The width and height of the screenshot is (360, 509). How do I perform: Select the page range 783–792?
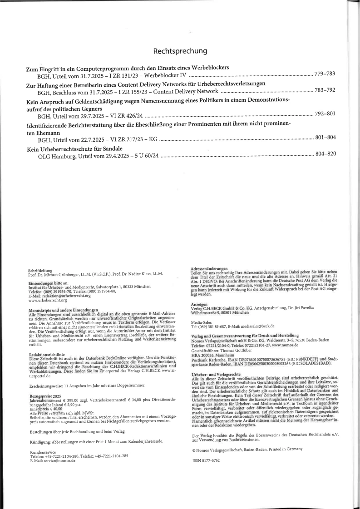(x=325, y=90)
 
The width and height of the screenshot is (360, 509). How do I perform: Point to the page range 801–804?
(x=325, y=137)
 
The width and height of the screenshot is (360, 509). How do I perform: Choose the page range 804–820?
(x=325, y=154)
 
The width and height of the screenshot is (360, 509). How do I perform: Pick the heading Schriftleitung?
(x=40, y=270)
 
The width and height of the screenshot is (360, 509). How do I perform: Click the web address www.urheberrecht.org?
(x=48, y=300)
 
